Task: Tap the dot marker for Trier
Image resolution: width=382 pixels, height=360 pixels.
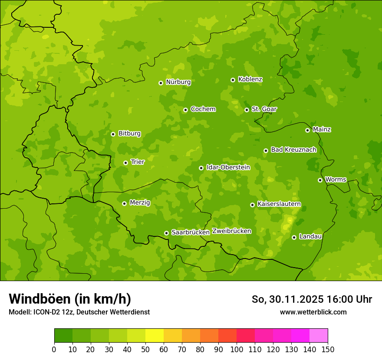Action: pos(125,163)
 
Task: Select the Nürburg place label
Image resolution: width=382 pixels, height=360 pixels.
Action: pos(178,82)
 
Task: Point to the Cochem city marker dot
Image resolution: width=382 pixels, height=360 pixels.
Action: pos(185,110)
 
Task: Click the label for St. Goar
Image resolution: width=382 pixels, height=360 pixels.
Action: pos(264,109)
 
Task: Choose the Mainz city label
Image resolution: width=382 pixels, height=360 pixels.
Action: pos(322,129)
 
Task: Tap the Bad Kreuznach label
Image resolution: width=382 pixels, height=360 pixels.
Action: pos(293,150)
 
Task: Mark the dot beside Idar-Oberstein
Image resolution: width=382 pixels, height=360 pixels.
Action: pos(201,168)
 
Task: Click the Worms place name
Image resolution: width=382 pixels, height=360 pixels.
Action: pos(336,179)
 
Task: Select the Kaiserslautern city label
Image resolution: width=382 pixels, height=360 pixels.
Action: pos(279,204)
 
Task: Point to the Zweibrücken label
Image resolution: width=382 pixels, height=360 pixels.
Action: pos(231,231)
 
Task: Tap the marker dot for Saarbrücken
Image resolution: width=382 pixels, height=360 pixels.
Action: pos(166,233)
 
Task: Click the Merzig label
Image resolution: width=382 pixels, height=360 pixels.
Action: pos(140,203)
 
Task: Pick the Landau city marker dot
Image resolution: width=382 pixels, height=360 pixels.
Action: pos(294,237)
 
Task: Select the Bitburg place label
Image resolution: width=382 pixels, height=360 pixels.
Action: pos(129,133)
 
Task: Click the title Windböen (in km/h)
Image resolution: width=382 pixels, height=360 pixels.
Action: pos(69,299)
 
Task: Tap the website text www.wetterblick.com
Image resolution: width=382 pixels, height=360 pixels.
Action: pos(313,312)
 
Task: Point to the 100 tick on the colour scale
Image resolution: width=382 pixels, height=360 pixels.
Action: pos(236,349)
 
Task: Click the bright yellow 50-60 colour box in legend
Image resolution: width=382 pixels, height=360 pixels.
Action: pos(154,336)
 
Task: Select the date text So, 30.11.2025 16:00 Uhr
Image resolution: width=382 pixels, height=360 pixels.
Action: pos(312,299)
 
